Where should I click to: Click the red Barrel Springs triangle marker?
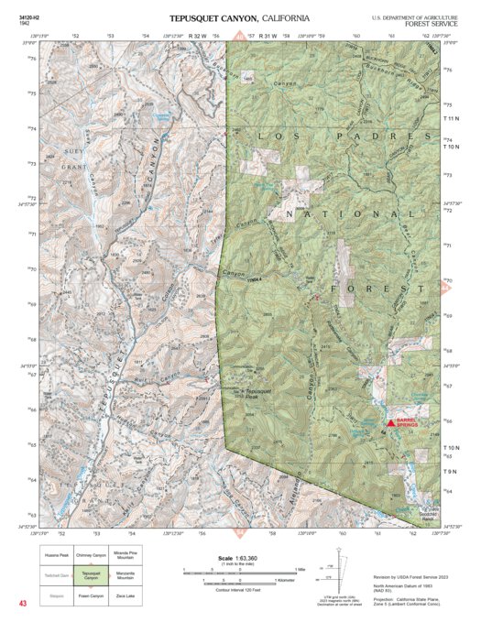[391, 423]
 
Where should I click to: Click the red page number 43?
[24, 603]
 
